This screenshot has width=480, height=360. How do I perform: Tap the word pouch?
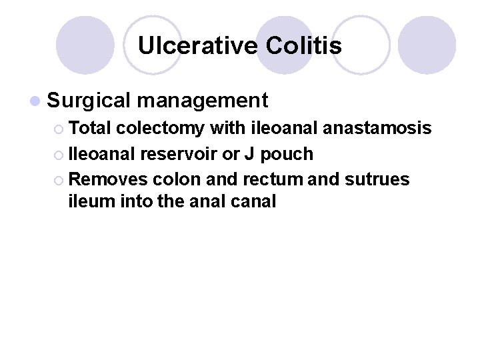tap(287, 155)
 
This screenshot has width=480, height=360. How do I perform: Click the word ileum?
tap(88, 201)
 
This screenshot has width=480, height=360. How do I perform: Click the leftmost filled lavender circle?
tap(85, 45)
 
